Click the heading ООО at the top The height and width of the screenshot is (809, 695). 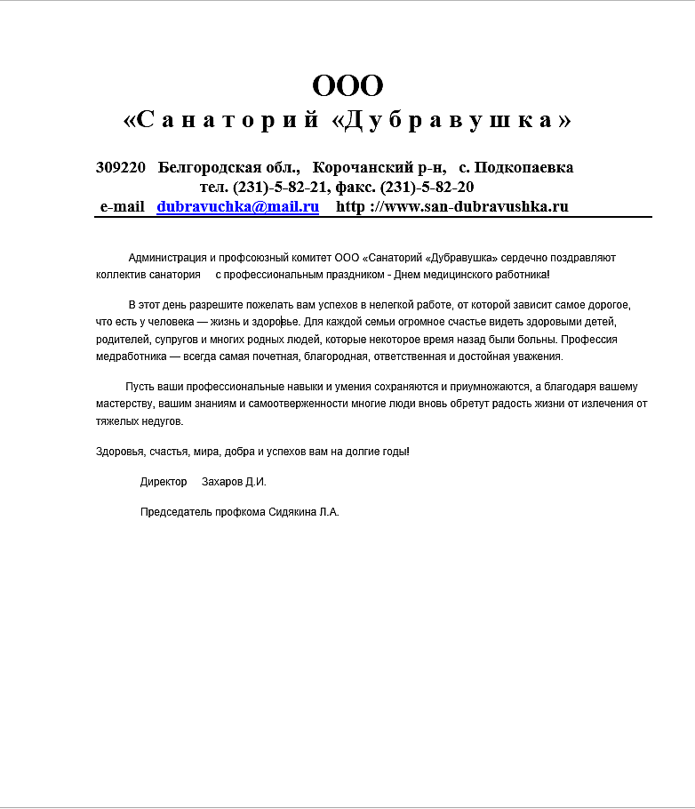point(347,86)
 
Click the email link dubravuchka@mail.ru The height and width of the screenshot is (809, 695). point(237,206)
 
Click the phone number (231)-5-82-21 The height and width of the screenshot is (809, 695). point(282,187)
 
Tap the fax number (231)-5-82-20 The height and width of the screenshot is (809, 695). point(427,187)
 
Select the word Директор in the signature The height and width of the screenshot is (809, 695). point(164,482)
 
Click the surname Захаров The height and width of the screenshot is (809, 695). point(222,482)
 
